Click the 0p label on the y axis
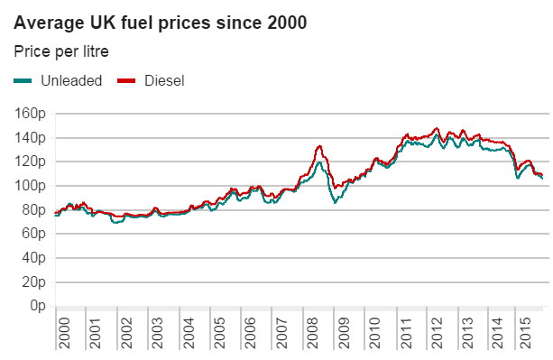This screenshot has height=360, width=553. (38, 306)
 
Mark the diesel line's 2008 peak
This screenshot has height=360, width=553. (319, 145)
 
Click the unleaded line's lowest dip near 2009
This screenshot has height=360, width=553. (335, 203)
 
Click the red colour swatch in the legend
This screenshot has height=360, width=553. (126, 80)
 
